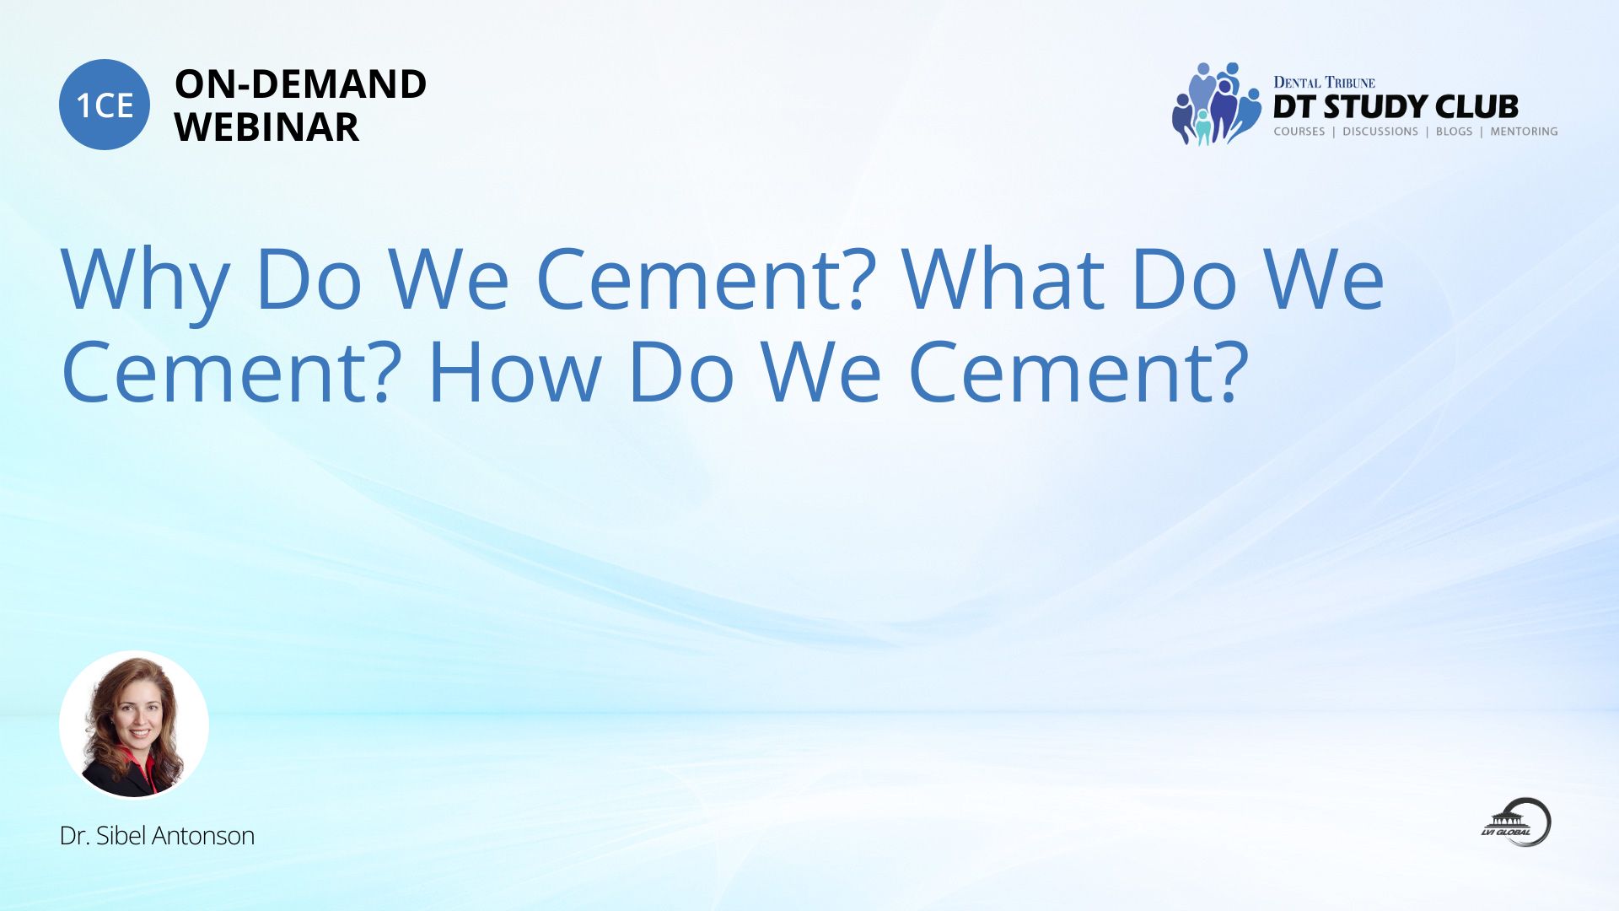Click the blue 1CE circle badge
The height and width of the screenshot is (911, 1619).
(105, 105)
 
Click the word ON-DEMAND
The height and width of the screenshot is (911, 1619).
(300, 84)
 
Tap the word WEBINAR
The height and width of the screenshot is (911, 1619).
(266, 127)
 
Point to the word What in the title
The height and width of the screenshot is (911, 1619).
(1003, 278)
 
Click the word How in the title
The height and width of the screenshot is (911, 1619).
(514, 372)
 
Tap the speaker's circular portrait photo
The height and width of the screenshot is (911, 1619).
(134, 725)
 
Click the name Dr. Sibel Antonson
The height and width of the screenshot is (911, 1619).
(157, 836)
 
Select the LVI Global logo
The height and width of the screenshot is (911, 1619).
(1517, 822)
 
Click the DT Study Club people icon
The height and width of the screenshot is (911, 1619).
(1215, 104)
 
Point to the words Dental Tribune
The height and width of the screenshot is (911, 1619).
(1324, 82)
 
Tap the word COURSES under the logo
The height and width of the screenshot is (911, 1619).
(1299, 132)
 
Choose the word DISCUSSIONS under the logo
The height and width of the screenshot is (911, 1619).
(1380, 132)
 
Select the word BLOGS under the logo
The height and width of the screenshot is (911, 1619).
(1455, 132)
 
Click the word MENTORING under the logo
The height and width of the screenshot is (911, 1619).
(1524, 132)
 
